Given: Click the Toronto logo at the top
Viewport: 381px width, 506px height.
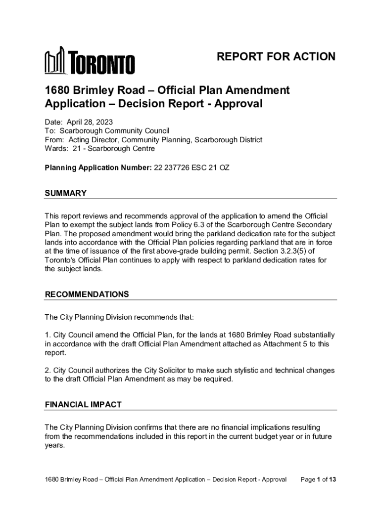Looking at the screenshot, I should point(90,61).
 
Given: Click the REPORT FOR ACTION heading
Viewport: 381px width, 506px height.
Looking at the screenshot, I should point(276,57).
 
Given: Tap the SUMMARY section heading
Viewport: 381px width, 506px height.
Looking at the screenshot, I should point(66,193).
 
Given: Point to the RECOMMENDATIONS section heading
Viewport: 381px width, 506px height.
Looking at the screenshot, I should point(87,295).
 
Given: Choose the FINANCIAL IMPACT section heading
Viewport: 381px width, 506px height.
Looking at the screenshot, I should point(83,404).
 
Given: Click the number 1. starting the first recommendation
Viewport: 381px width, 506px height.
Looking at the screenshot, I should point(48,335).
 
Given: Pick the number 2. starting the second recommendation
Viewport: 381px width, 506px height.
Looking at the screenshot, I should point(48,371).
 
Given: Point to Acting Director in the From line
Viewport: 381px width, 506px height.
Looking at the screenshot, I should point(92,140).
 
